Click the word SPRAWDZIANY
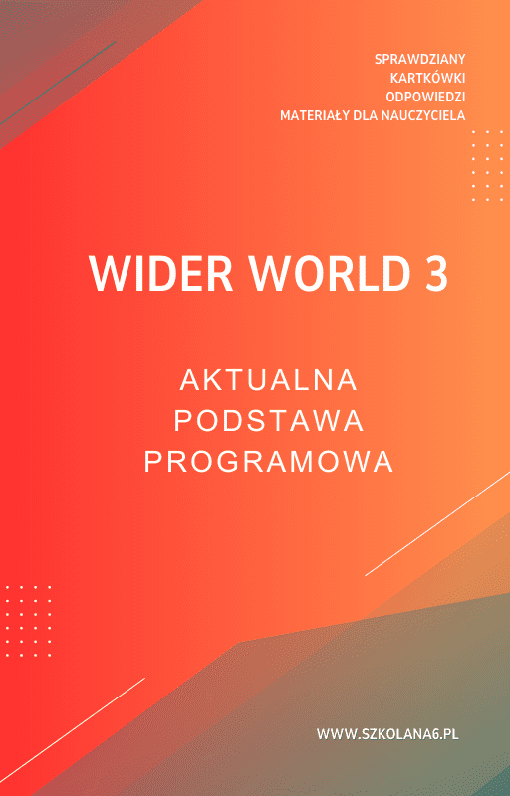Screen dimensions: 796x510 point(420,59)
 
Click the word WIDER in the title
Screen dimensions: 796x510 point(150,274)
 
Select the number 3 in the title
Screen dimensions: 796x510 point(436,274)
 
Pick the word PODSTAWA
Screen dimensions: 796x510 point(269,421)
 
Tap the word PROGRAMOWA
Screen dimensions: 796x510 point(269,463)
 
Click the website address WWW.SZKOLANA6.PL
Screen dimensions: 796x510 point(387,734)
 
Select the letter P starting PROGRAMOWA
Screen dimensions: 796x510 point(152,463)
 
